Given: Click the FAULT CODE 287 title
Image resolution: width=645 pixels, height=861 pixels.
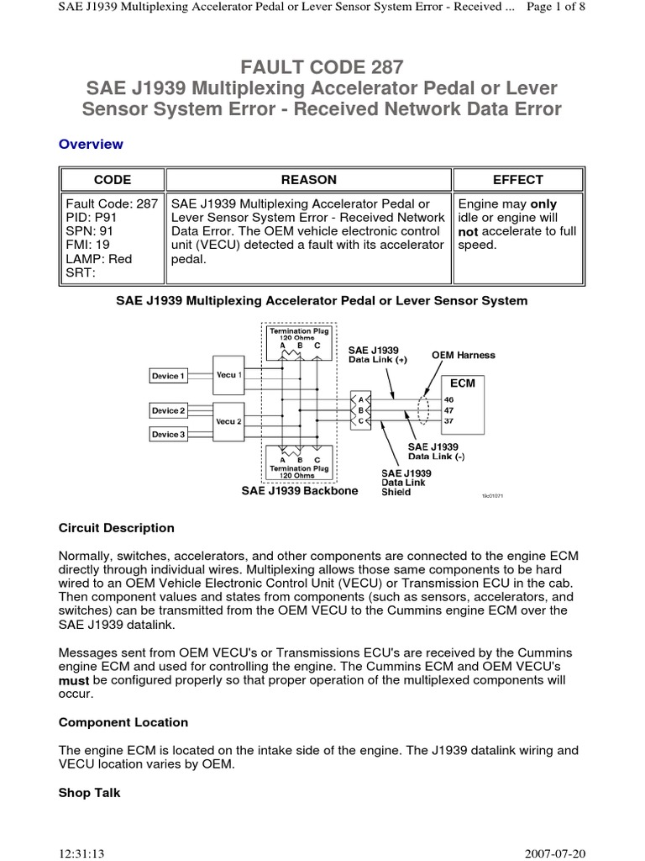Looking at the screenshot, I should (322, 66).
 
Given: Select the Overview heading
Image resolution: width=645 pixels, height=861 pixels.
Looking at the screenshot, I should (91, 145).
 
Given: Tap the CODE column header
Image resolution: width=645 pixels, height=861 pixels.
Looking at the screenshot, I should (112, 180).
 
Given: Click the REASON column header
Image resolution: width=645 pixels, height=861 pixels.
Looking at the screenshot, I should (309, 180).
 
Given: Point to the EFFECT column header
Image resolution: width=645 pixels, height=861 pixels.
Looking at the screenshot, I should (517, 180).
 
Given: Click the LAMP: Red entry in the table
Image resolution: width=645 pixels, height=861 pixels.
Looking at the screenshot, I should (99, 259).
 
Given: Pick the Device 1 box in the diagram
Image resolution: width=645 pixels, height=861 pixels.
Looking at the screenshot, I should (168, 376).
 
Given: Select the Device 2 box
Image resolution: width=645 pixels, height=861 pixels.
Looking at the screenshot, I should (168, 411).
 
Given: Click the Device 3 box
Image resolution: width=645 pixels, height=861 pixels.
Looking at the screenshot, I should (168, 435).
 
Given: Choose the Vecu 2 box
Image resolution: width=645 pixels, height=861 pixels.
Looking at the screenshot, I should (229, 420).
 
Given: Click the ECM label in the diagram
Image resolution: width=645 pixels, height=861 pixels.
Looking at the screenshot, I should (463, 383).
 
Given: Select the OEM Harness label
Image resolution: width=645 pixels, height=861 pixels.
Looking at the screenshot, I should (464, 356).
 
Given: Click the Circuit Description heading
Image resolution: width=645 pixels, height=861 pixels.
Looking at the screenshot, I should (117, 528).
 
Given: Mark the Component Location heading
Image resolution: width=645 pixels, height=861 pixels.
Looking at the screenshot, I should (123, 722).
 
